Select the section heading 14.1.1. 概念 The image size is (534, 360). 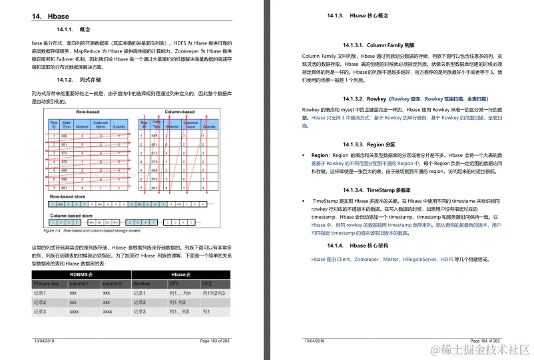click(74, 30)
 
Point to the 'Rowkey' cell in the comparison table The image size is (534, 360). click(142, 283)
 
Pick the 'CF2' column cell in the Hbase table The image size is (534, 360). click(207, 283)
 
